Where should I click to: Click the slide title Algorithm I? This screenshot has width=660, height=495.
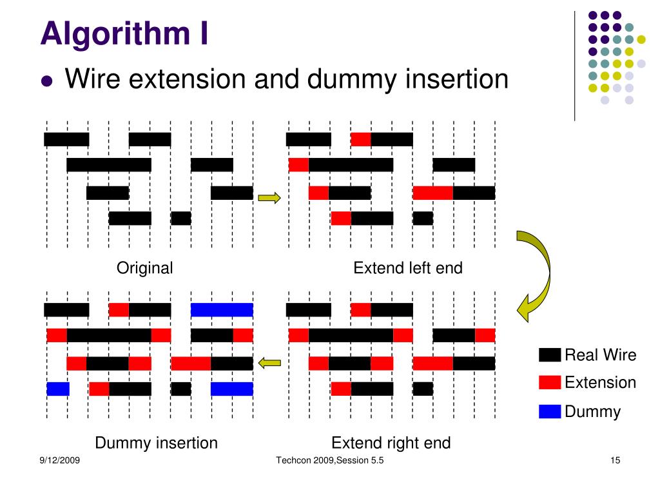[124, 33]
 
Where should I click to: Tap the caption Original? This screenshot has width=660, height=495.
[144, 268]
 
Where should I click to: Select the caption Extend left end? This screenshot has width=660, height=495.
[407, 268]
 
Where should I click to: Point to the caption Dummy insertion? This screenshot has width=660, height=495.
[156, 443]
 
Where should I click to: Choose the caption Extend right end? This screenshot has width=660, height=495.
[391, 443]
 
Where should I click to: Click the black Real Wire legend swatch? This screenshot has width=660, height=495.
[550, 355]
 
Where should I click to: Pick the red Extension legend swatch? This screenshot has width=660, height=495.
[550, 383]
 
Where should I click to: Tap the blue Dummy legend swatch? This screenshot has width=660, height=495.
[550, 411]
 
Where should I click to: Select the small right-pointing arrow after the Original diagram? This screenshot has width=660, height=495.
[269, 198]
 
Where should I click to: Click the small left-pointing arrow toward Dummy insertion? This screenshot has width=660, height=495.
[269, 364]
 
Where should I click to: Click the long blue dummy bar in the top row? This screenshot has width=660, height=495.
[222, 310]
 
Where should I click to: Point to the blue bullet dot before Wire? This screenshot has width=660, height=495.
[46, 81]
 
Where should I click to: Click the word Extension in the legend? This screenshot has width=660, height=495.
[600, 383]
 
